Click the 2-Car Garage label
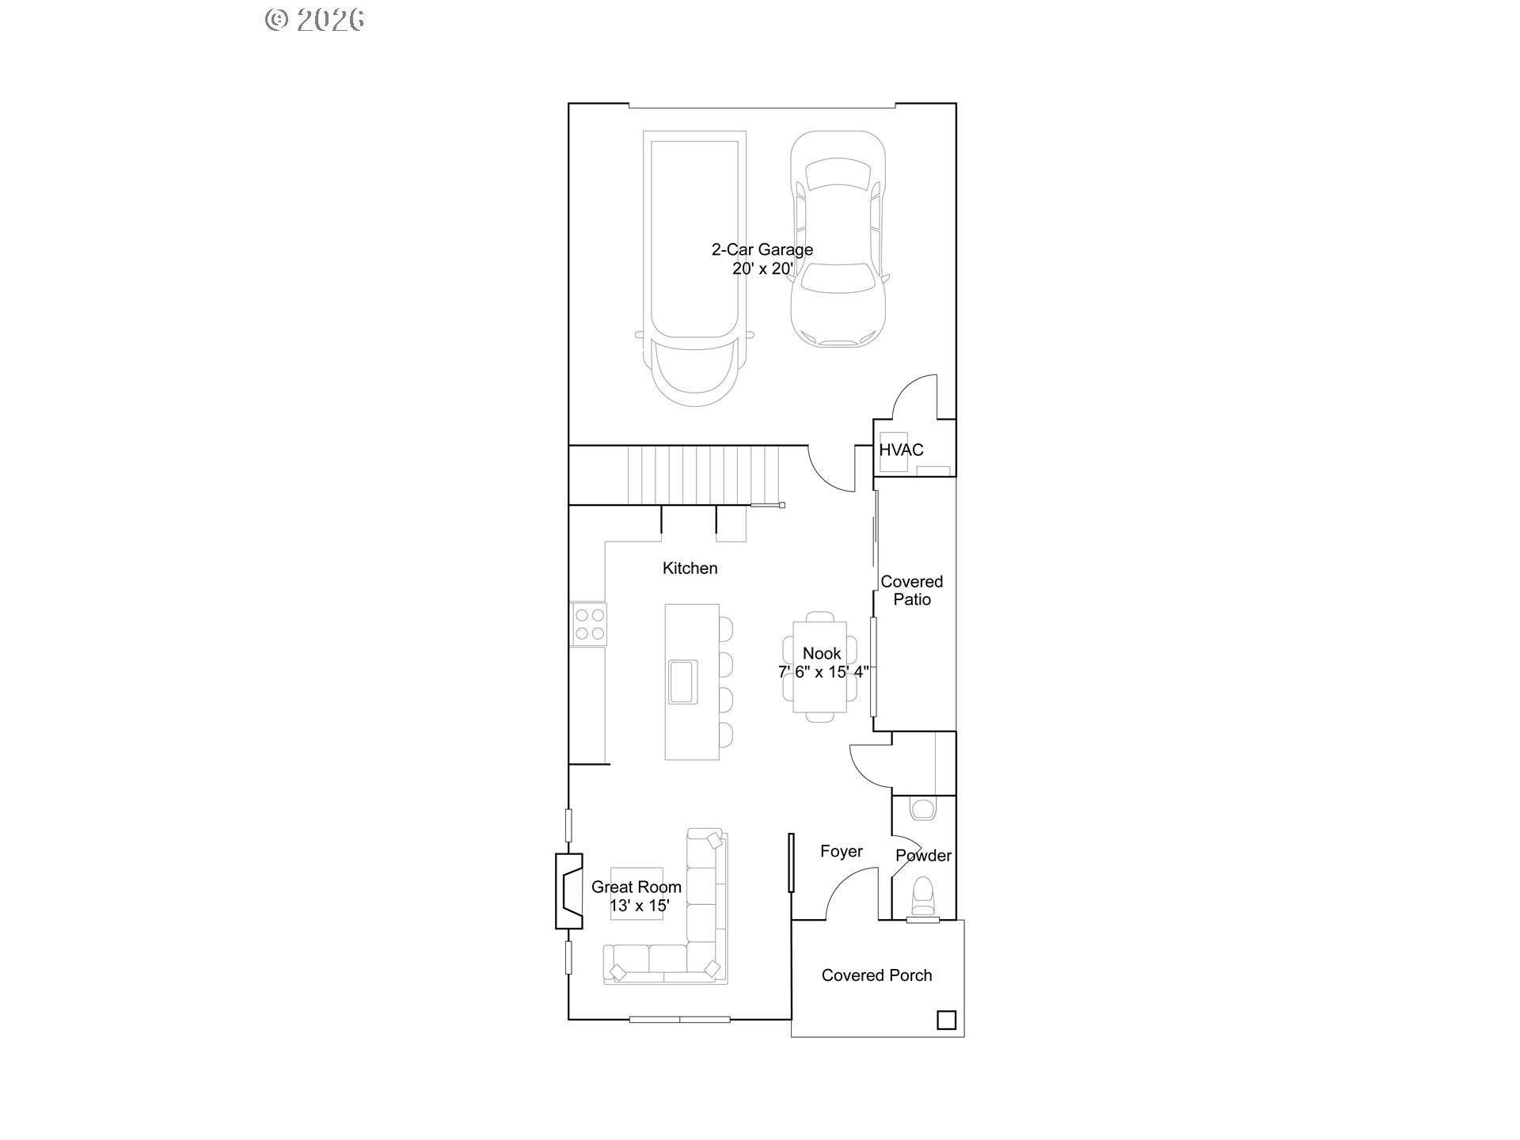(x=762, y=250)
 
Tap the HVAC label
(x=901, y=450)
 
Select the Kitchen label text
(x=690, y=568)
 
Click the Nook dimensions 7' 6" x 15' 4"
(x=823, y=672)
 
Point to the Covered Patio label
(x=912, y=591)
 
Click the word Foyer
(x=841, y=852)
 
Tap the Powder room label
(x=923, y=856)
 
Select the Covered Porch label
(x=876, y=975)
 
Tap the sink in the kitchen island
(x=682, y=681)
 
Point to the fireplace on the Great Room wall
(x=569, y=891)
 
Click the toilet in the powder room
(x=923, y=894)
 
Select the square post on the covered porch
(x=946, y=1020)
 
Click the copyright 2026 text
(x=315, y=20)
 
